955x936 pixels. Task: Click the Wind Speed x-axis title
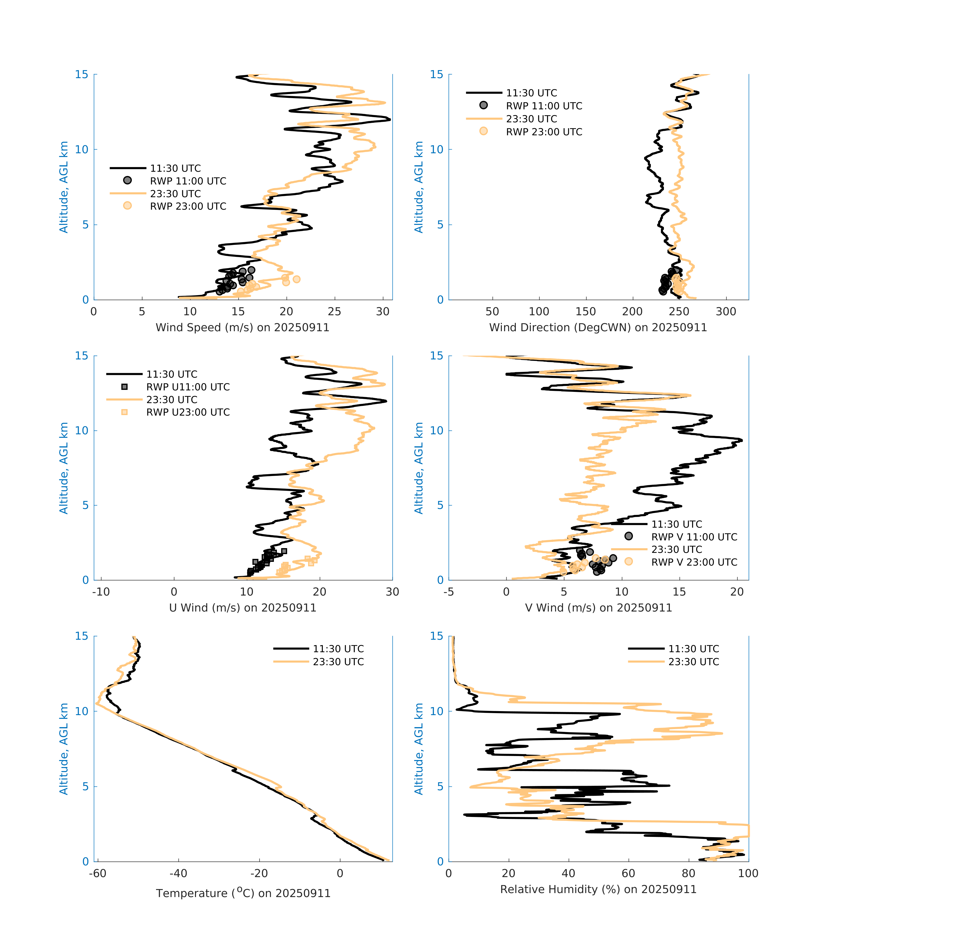[x=242, y=327]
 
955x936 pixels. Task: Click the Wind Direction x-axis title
[x=598, y=327]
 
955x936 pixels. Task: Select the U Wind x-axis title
[x=242, y=608]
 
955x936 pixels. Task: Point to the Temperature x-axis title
[x=243, y=893]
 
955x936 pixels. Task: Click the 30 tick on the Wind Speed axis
[x=382, y=312]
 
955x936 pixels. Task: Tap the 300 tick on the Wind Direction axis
[x=726, y=312]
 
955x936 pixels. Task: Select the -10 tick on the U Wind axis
[x=101, y=592]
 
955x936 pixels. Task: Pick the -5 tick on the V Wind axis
[x=448, y=592]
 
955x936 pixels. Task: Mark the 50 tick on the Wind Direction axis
[x=492, y=312]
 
